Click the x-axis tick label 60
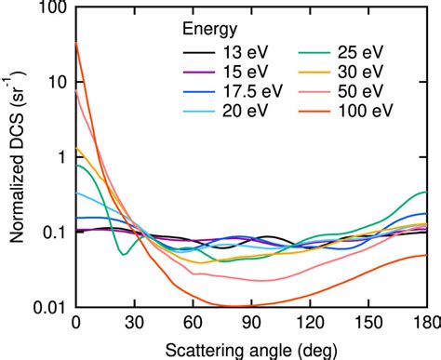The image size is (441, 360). pyautogui.click(x=194, y=323)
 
